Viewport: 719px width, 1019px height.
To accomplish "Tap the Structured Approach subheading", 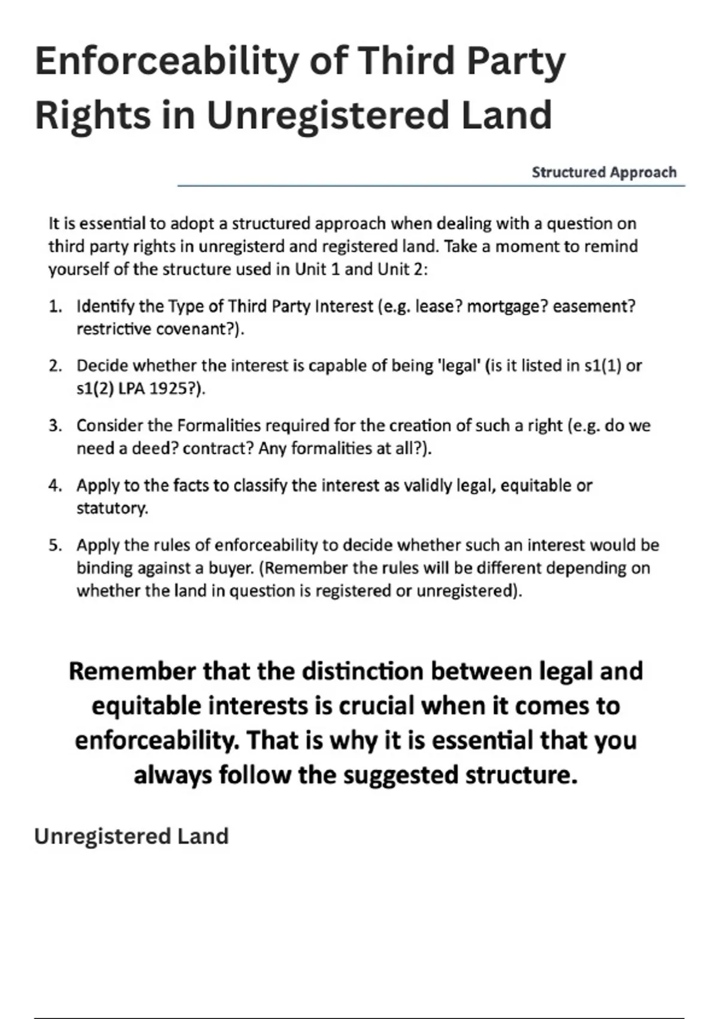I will click(604, 173).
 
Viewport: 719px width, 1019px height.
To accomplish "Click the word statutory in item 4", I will click(111, 508).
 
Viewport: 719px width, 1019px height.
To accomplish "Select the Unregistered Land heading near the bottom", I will click(131, 836).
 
